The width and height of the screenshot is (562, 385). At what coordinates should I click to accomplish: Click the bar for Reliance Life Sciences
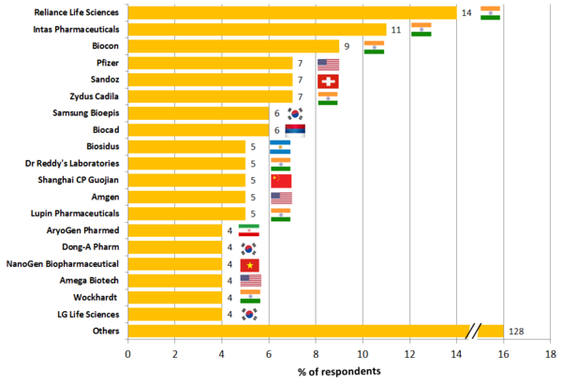pos(290,12)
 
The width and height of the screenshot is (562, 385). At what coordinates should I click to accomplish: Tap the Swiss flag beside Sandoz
pos(328,81)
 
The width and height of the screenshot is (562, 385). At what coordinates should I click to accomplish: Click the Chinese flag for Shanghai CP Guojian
pos(280,181)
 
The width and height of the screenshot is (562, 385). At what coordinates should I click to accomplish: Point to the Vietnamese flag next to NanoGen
pos(250,264)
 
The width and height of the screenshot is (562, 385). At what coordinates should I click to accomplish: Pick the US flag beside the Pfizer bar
pos(328,64)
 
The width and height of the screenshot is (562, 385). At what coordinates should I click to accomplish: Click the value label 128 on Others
pos(518,332)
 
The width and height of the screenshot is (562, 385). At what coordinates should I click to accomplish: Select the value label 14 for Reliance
pos(466,12)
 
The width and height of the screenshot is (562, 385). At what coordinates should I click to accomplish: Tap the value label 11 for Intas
pos(396,29)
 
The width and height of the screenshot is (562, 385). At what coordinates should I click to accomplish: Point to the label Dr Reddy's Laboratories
pos(73,164)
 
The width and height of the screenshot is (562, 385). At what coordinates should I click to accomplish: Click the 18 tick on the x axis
pos(550,356)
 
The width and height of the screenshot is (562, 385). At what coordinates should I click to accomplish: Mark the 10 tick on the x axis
pos(362,356)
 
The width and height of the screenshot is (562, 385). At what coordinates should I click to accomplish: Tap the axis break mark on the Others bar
pos(476,331)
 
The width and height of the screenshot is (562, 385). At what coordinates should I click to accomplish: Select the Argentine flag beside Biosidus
pos(280,147)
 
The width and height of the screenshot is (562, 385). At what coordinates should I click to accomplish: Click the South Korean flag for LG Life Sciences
pos(250,315)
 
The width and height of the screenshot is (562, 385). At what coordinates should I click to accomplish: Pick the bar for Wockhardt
pos(174,298)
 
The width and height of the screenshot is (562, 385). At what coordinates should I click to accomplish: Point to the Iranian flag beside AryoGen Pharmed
pos(249,230)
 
